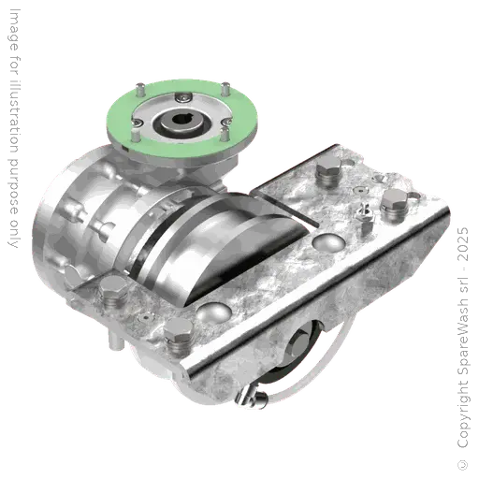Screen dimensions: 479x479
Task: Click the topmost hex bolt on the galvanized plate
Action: (327, 173)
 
